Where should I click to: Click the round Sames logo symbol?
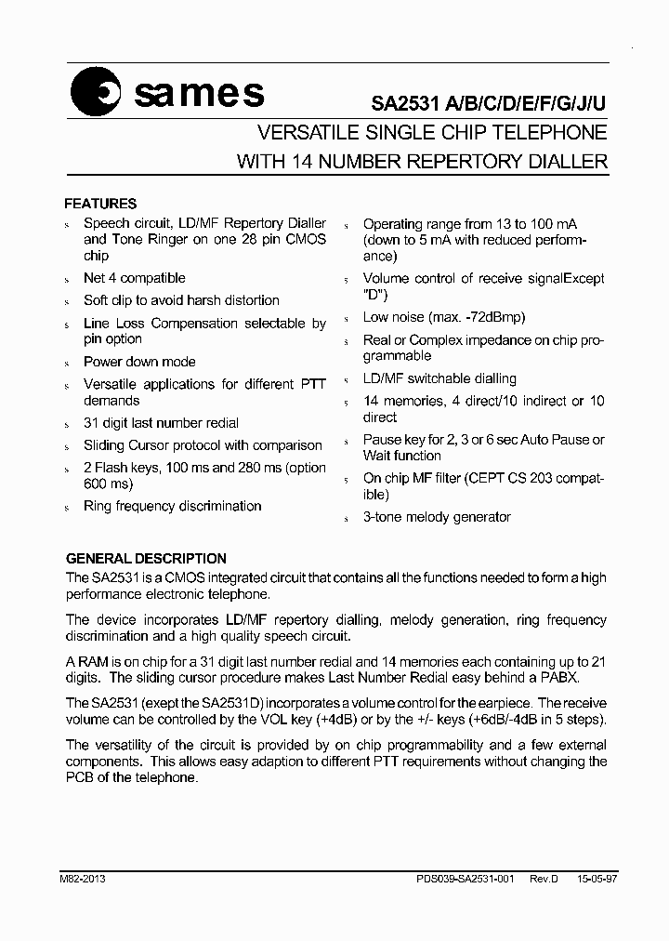point(97,94)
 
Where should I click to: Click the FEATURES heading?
point(99,204)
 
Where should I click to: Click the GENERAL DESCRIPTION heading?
point(146,559)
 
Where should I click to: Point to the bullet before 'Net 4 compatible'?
point(67,280)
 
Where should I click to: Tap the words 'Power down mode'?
point(139,362)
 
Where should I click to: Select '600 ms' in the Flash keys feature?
point(106,484)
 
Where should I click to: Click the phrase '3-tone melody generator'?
point(437,517)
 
